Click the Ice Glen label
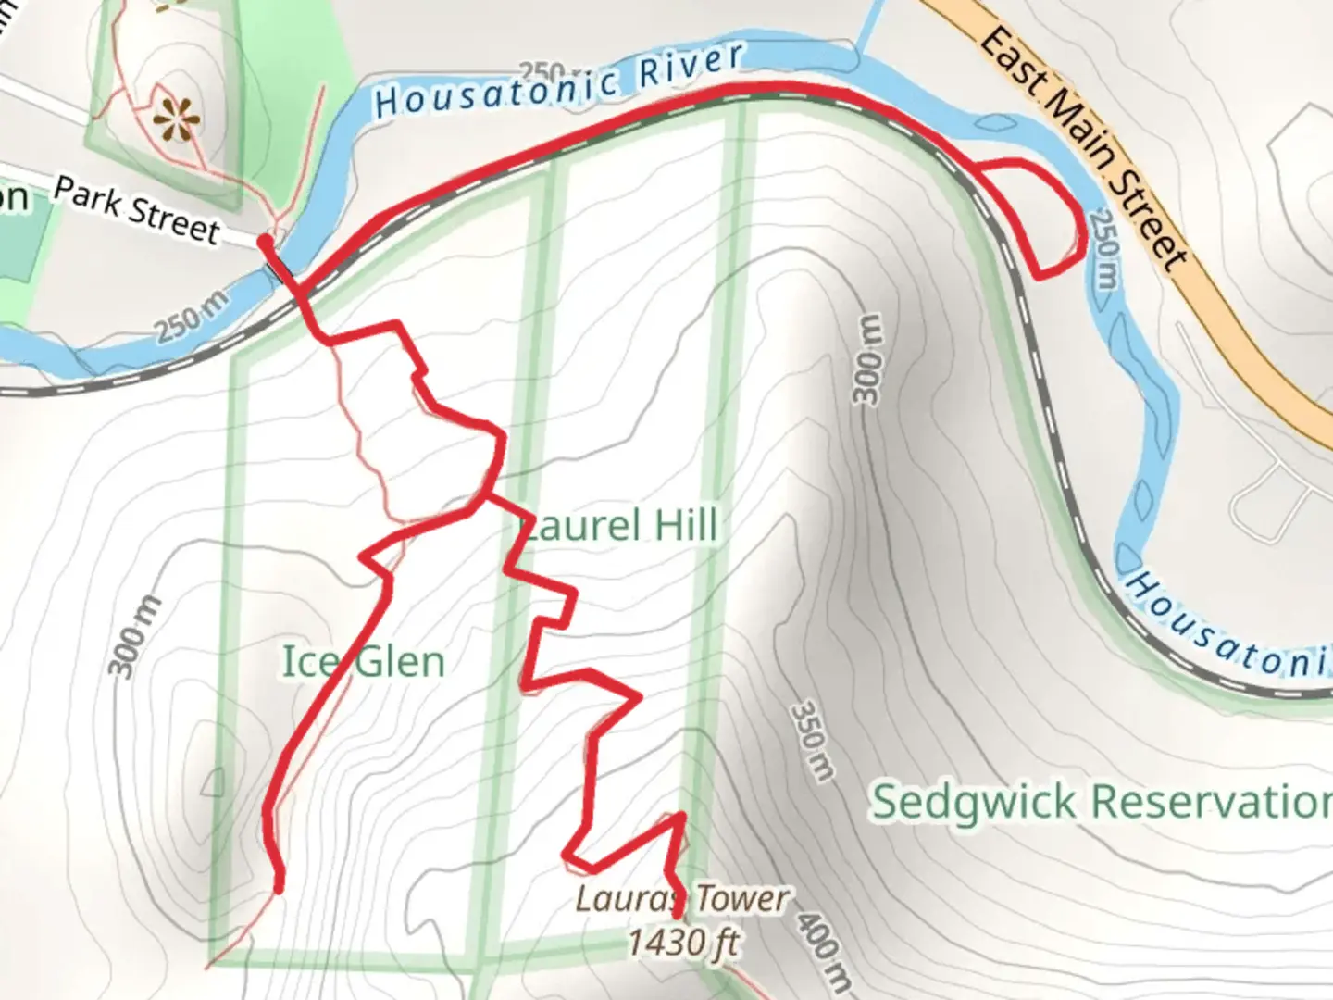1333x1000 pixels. tap(363, 662)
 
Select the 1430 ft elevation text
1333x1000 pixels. tap(683, 943)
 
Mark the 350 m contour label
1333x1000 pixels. tap(812, 741)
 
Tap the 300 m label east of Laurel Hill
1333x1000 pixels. tap(867, 359)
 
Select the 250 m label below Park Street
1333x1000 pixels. tap(191, 318)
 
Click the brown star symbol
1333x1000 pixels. tap(176, 117)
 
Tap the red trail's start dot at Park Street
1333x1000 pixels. tap(265, 242)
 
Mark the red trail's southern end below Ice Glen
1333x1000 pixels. tap(278, 887)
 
